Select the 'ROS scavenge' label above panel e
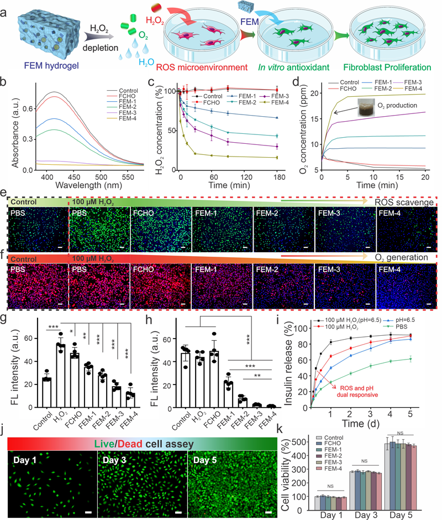click(x=402, y=203)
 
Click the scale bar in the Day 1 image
click(x=88, y=512)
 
